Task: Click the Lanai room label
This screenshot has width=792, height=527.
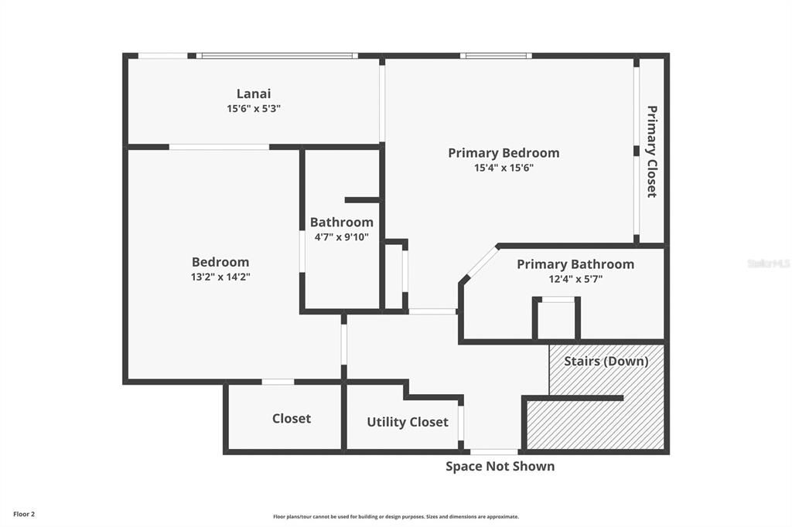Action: point(254,94)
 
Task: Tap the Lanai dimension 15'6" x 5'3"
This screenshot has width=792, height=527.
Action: point(254,109)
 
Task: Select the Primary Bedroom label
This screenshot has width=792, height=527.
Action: point(504,153)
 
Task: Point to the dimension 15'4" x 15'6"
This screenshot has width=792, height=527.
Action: point(504,168)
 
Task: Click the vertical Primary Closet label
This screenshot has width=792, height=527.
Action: point(652,151)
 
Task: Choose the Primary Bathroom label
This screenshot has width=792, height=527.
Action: point(575,264)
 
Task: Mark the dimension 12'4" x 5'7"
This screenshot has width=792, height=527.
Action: point(575,279)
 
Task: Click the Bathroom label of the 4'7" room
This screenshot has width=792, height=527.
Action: point(341,223)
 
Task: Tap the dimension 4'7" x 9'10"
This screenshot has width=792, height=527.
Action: point(341,237)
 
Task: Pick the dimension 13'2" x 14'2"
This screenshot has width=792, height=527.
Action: point(220,277)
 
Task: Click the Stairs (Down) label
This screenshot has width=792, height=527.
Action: point(606,361)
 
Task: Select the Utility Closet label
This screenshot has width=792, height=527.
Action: point(407,423)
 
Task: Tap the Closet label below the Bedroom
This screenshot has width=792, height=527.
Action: point(292,419)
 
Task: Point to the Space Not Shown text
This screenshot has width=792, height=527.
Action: point(500,466)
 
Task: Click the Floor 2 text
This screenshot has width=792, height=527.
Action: point(24,514)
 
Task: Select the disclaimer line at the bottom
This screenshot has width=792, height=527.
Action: point(396,517)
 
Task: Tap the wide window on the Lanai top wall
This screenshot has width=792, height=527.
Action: point(276,56)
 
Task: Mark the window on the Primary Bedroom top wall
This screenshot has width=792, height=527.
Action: point(496,56)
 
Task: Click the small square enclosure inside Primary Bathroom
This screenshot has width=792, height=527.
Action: point(556,319)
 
